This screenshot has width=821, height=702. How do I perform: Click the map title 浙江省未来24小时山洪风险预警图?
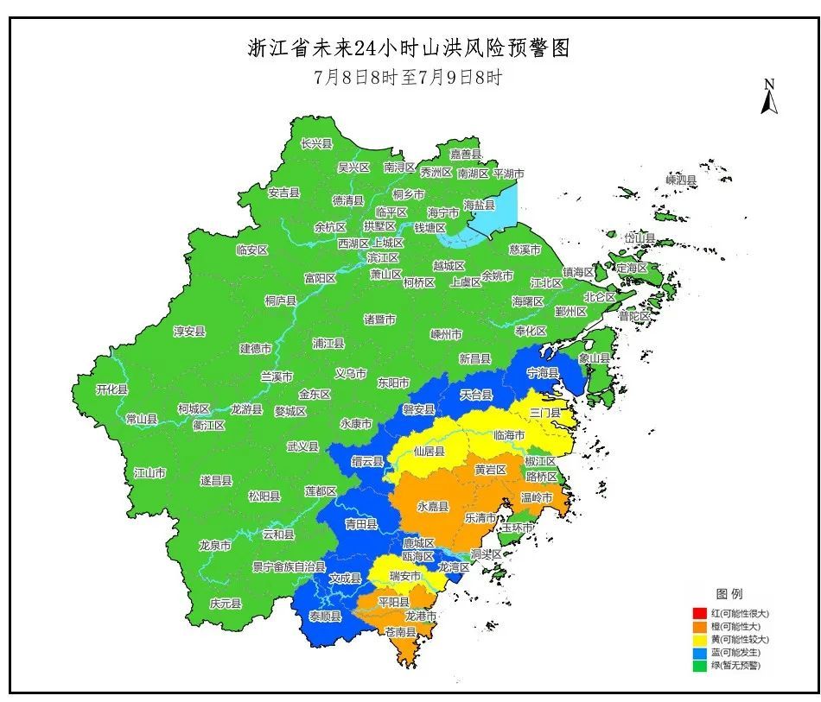(410, 47)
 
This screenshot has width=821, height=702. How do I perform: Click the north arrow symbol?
(768, 97)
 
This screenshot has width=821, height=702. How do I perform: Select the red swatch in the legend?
(699, 614)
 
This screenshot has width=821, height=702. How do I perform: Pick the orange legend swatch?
(699, 627)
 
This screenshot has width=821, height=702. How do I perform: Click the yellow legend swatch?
(699, 640)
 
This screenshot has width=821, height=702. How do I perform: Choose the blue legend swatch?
(699, 653)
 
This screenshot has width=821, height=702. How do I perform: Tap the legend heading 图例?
(729, 594)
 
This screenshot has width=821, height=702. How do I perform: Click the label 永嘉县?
(433, 507)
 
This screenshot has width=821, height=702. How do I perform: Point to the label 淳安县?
(189, 332)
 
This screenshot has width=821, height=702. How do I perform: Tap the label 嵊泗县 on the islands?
(681, 180)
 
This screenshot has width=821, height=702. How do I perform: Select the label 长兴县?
(316, 143)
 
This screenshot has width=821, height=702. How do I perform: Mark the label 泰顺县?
(325, 617)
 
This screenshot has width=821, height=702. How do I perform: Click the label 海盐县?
(480, 206)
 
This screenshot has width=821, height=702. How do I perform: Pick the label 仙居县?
(429, 452)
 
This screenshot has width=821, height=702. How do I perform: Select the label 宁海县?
(544, 373)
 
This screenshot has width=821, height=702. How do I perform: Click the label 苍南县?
(401, 632)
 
